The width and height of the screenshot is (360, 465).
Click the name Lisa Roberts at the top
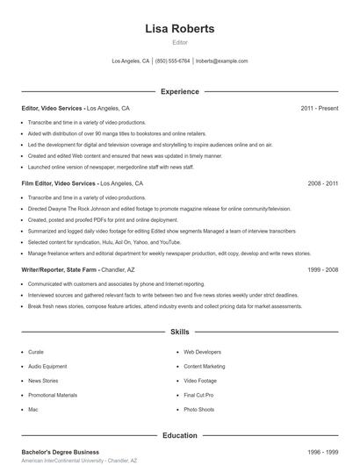179,29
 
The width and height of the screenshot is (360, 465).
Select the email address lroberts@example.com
221,61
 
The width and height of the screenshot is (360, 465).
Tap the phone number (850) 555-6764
172,61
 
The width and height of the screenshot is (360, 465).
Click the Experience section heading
179,91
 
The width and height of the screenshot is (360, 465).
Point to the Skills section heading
179,333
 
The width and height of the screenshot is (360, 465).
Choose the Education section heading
179,434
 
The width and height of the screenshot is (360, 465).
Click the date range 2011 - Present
319,108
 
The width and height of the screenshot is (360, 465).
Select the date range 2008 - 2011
322,184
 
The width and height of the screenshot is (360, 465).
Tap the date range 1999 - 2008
322,270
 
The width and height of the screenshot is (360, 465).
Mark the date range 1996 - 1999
322,452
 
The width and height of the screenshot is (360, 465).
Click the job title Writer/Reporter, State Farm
59,270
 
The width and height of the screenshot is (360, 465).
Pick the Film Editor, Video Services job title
60,184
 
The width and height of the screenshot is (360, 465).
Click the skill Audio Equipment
47,366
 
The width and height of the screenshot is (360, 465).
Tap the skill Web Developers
202,352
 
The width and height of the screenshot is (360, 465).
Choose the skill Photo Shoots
199,410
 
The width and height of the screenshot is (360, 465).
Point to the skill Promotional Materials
53,395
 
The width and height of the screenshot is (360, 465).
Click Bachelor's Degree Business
61,452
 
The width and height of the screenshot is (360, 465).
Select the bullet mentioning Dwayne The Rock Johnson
158,210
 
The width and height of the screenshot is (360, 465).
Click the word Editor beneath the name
179,42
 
